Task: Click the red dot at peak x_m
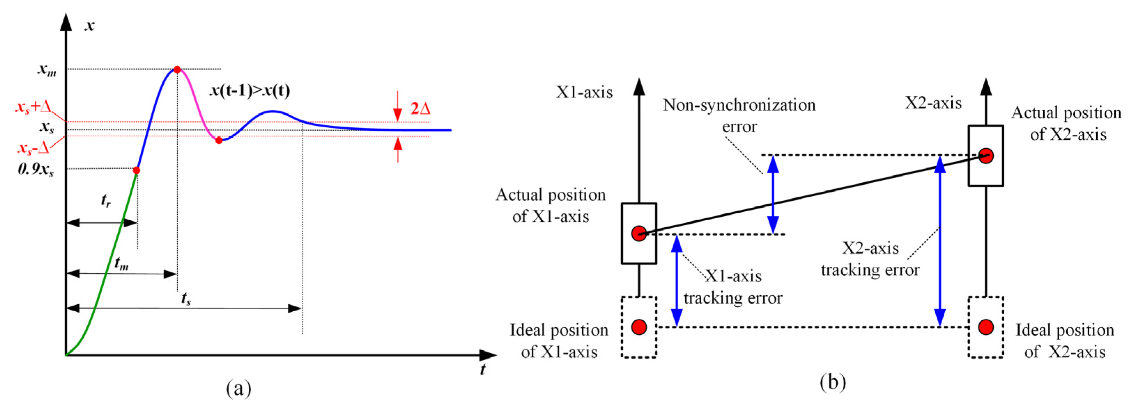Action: [177, 69]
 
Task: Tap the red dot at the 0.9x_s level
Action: [136, 170]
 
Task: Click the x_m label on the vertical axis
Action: [46, 69]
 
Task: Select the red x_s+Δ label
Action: [34, 107]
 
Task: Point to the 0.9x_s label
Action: [36, 169]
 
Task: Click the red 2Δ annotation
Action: [420, 108]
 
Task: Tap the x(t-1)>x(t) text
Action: [250, 90]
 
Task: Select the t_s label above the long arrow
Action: [186, 299]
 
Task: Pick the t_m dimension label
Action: [122, 263]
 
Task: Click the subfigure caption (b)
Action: [833, 382]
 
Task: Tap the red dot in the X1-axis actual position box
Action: [639, 233]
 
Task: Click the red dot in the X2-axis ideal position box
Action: [986, 327]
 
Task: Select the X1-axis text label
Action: [584, 92]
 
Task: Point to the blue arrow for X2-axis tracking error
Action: [939, 241]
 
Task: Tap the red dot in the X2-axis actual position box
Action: [986, 156]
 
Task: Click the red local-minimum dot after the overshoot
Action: [219, 140]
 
